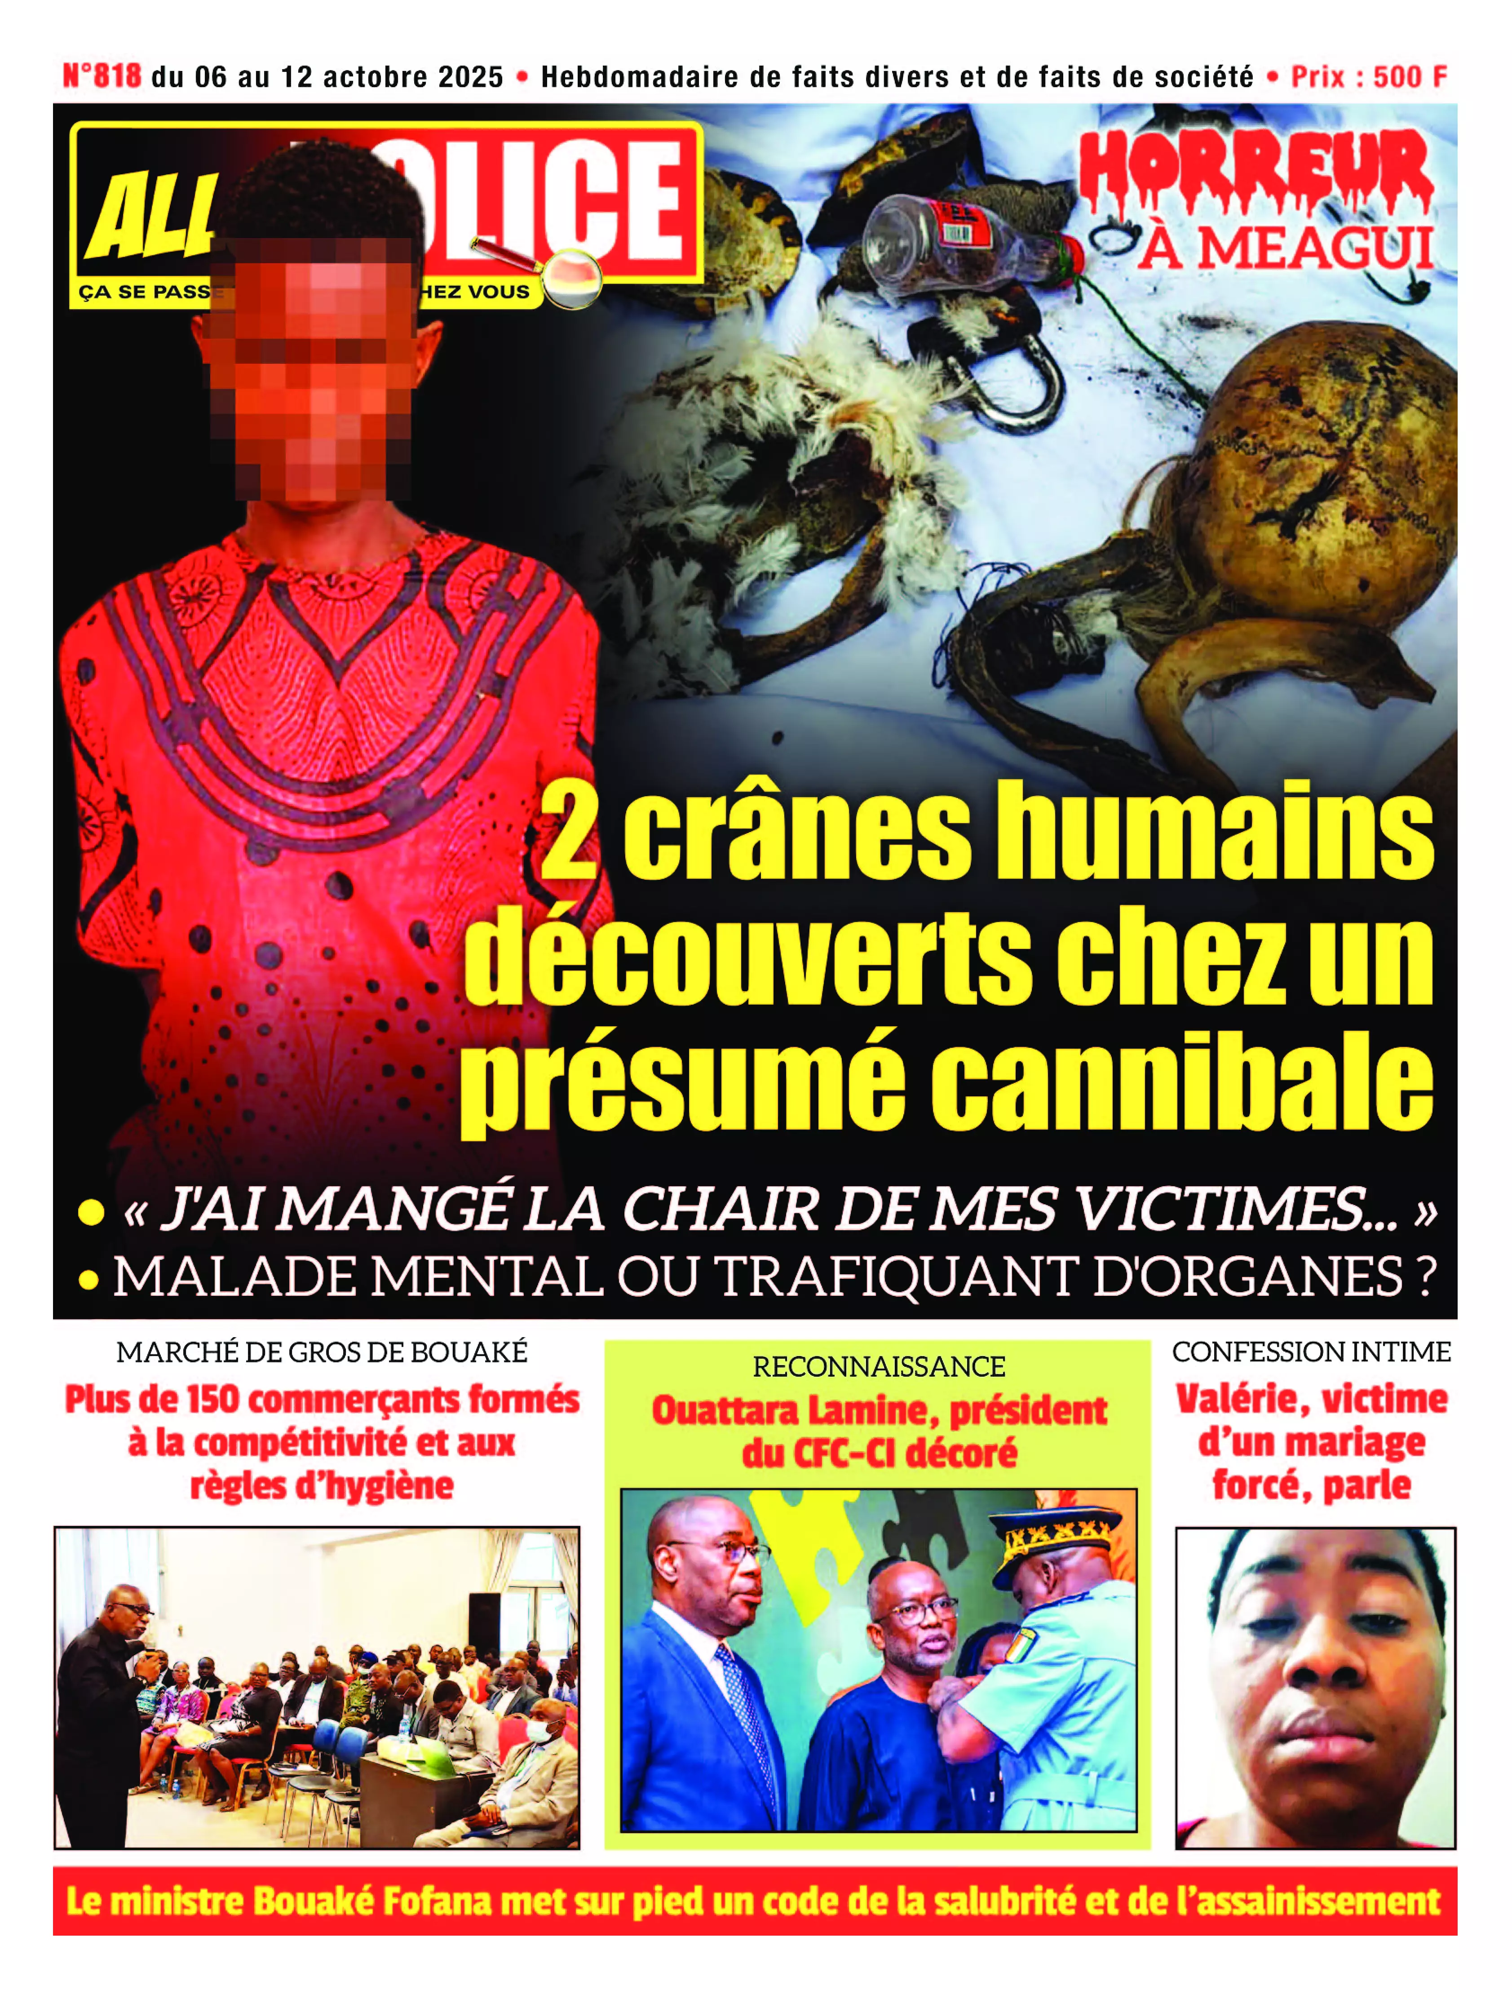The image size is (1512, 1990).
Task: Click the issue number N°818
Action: click(x=102, y=76)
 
